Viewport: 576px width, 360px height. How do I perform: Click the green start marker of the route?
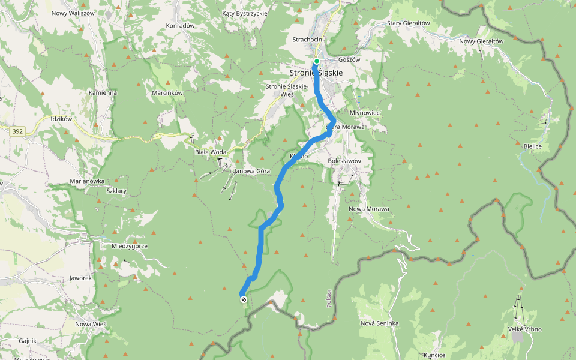[x=316, y=61]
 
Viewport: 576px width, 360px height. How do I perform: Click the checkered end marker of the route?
[x=243, y=299]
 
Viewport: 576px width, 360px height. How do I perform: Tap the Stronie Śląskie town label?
[x=316, y=73]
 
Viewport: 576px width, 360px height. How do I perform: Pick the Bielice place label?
[x=532, y=146]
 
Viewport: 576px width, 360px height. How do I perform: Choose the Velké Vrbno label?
[x=524, y=329]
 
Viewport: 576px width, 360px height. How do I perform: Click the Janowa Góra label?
[x=256, y=172]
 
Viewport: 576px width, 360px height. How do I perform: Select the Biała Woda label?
[x=211, y=152]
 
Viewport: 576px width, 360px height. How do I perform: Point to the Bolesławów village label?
[x=344, y=161]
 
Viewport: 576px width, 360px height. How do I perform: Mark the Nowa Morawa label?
[x=369, y=209]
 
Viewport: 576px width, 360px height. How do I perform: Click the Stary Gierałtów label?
[x=409, y=23]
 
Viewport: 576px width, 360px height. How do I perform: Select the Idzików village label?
[x=62, y=119]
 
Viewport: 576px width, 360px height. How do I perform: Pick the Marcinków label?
[x=167, y=92]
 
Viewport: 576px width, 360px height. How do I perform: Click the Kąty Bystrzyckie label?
[x=245, y=13]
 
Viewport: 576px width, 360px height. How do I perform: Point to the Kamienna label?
[x=103, y=93]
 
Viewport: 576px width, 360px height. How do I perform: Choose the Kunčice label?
[x=434, y=355]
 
